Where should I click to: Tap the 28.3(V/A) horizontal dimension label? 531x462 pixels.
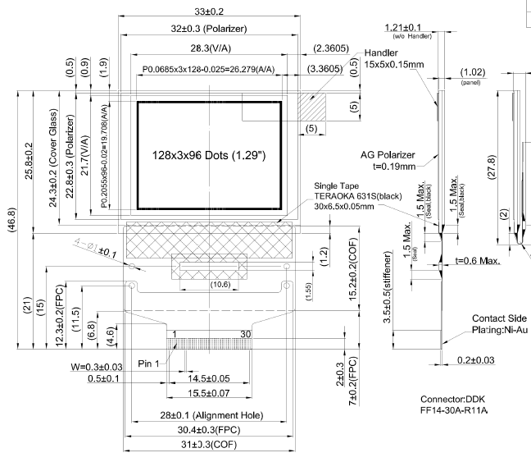201,48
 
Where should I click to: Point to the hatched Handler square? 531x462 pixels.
311,107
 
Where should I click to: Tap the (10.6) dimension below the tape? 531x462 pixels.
208,284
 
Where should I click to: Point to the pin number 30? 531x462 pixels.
245,334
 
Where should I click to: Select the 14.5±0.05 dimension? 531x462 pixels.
209,379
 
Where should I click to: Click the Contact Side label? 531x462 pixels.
500,318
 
